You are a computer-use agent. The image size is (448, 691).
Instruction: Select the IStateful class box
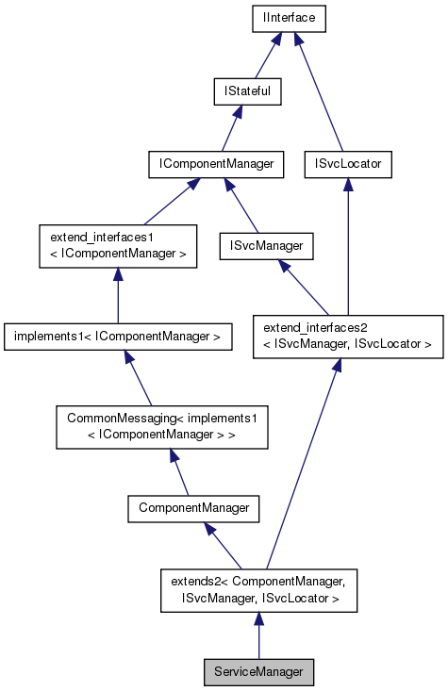pyautogui.click(x=247, y=91)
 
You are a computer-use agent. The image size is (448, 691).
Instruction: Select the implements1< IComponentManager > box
pyautogui.click(x=118, y=335)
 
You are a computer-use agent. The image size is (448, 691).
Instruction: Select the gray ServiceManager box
pyautogui.click(x=258, y=672)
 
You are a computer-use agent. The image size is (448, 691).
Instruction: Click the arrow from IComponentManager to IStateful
pyautogui.click(x=232, y=128)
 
